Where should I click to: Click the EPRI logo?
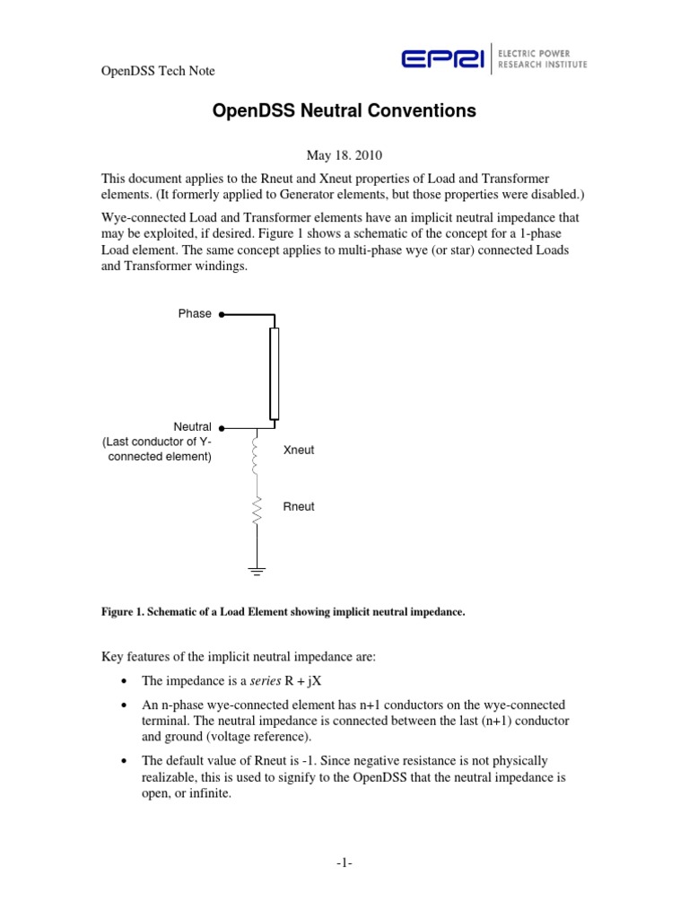[x=443, y=59]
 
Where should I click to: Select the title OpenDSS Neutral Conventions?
[x=344, y=112]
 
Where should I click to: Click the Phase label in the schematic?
[x=195, y=314]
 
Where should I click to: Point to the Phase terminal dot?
[x=222, y=315]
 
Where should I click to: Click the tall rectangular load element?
[x=274, y=373]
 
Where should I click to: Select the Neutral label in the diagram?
[x=192, y=427]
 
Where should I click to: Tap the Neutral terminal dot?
[x=222, y=428]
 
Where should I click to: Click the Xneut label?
[x=299, y=450]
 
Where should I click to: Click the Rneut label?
[x=299, y=507]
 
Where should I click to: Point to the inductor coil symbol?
[x=257, y=455]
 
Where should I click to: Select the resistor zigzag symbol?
[x=257, y=511]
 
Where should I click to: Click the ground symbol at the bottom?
[x=257, y=570]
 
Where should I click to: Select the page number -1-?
[x=344, y=863]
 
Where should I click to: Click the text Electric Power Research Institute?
[x=544, y=59]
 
